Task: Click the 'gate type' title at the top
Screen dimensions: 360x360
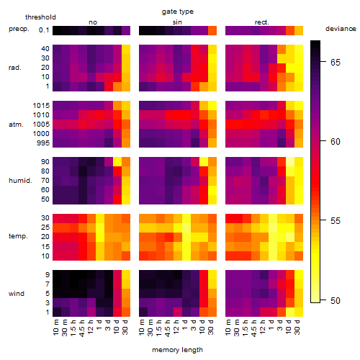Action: (178, 12)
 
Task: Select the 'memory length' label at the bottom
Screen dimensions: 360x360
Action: (177, 350)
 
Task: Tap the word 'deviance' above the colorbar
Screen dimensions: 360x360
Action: (341, 29)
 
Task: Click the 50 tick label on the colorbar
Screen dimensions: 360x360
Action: (336, 300)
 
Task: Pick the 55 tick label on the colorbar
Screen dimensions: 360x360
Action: (336, 221)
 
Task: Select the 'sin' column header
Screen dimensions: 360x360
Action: (177, 22)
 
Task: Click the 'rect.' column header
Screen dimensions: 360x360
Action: (262, 22)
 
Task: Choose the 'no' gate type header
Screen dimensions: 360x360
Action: (93, 22)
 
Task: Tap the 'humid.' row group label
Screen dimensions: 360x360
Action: (20, 181)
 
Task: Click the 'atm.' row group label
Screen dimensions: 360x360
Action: (16, 125)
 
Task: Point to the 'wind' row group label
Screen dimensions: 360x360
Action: (17, 294)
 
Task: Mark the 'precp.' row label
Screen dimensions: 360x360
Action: (19, 29)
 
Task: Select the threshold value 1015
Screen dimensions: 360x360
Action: (41, 106)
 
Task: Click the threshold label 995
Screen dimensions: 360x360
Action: (43, 143)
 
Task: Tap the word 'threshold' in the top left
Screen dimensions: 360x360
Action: (40, 17)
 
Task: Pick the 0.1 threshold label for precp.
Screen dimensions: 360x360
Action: (44, 30)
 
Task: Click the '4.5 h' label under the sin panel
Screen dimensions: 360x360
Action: (168, 328)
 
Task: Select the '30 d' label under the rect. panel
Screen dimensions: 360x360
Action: (298, 328)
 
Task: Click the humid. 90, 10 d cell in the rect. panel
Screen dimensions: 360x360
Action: (290, 162)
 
